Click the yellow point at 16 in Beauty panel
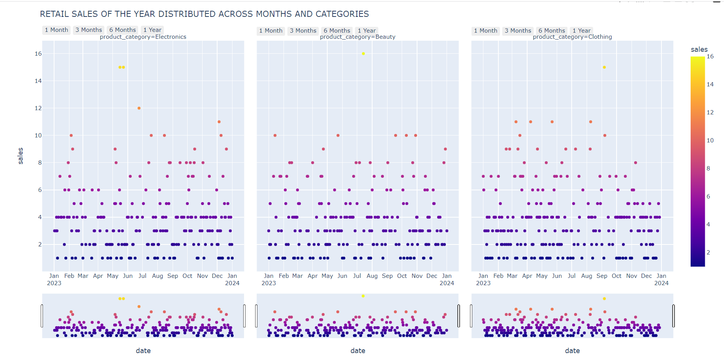[363, 54]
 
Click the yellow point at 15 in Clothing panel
[604, 67]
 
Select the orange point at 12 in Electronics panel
[139, 108]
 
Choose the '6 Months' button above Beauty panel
[336, 31]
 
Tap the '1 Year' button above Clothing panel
[581, 31]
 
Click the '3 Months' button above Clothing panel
[518, 31]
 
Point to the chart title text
[204, 14]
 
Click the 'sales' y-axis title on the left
[21, 156]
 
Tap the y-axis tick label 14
[38, 81]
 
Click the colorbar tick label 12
[710, 112]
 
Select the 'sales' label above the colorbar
[699, 50]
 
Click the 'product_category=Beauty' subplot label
[357, 37]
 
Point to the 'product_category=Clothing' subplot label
[572, 37]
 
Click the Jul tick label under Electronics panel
[142, 276]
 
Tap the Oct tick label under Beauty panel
[402, 276]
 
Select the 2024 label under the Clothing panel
[661, 283]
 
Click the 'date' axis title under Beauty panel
[358, 351]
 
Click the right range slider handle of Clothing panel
[673, 316]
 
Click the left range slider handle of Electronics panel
[42, 316]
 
